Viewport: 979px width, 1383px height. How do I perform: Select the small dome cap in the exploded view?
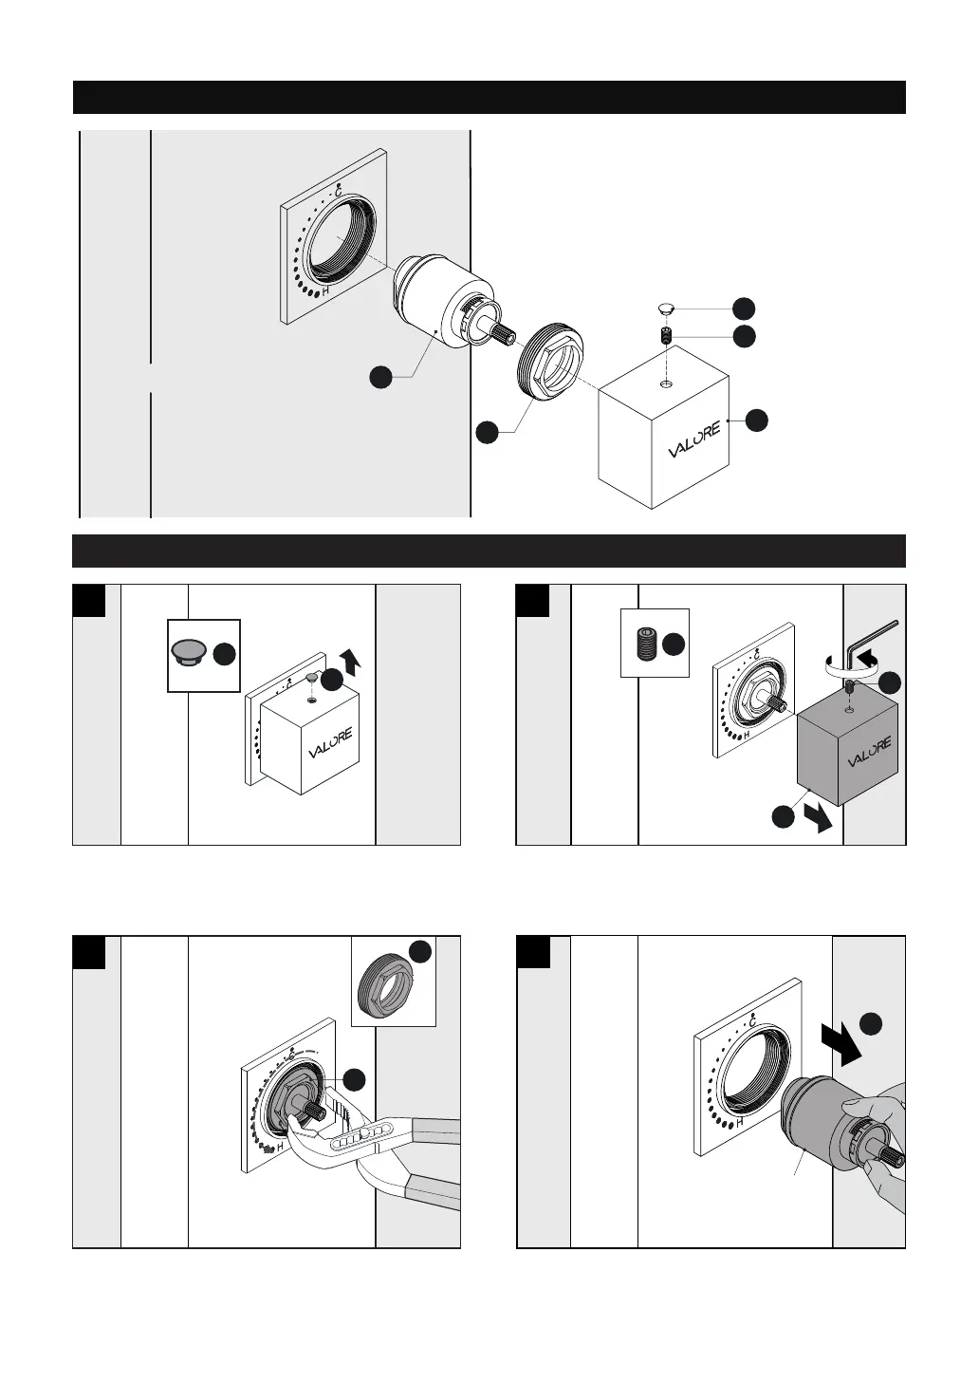tap(667, 308)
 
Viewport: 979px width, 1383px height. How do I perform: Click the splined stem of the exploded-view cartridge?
tap(502, 333)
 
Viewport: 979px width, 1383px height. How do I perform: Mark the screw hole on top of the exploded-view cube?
tap(667, 384)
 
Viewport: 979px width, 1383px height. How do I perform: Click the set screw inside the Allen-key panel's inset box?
tap(642, 644)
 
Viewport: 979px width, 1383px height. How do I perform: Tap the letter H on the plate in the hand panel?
tap(738, 1121)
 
